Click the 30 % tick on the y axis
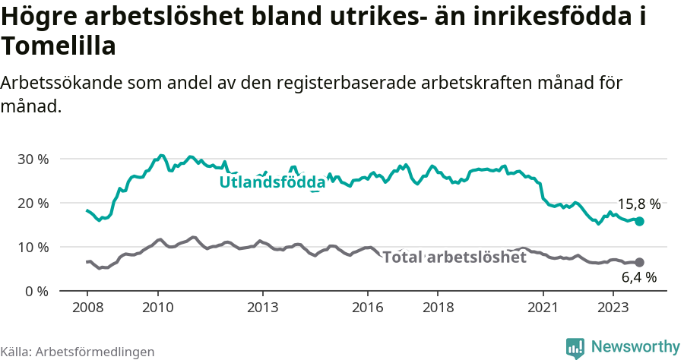click(x=33, y=159)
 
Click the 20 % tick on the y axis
click(x=33, y=204)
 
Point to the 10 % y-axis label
click(x=33, y=248)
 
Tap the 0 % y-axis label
click(x=36, y=292)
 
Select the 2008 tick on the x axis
click(x=87, y=307)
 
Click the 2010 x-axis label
click(x=157, y=307)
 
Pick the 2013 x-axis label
click(x=263, y=307)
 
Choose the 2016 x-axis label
click(x=368, y=307)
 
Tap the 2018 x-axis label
click(x=438, y=307)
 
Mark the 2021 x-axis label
click(x=543, y=307)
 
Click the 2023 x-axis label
click(x=613, y=307)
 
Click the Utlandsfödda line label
click(x=272, y=182)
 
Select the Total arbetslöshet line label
click(x=454, y=257)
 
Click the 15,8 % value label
click(x=638, y=204)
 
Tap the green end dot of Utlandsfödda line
click(x=639, y=221)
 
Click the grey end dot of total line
click(x=639, y=262)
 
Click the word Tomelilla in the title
click(x=59, y=46)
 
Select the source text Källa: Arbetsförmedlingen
click(x=78, y=352)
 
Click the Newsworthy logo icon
click(x=575, y=348)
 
